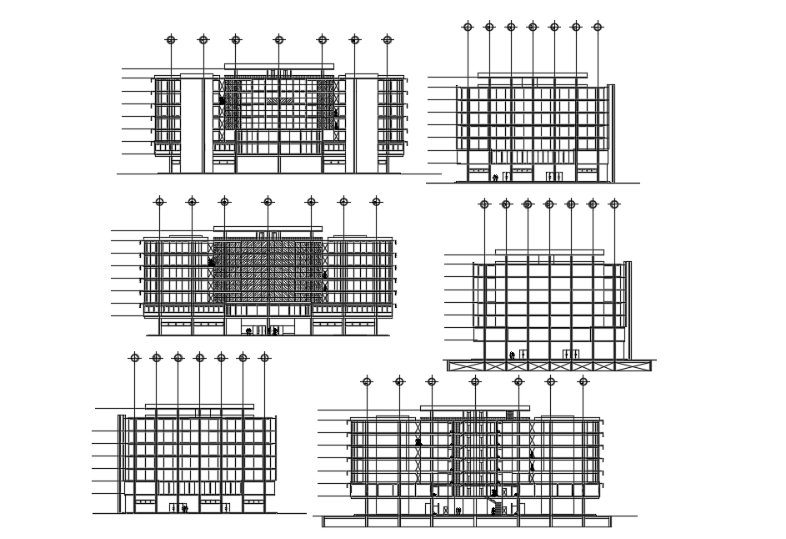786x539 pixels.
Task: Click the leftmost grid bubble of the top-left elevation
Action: click(x=171, y=39)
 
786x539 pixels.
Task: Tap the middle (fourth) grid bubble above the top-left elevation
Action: click(x=279, y=39)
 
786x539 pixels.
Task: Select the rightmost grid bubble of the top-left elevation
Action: click(x=388, y=39)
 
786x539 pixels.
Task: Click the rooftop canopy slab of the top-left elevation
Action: click(x=279, y=66)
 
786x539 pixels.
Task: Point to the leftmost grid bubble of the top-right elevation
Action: click(x=468, y=27)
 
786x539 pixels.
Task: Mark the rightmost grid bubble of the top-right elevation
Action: click(x=598, y=27)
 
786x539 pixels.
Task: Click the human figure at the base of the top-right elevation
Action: click(x=495, y=177)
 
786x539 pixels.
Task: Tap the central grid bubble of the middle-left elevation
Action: click(x=268, y=201)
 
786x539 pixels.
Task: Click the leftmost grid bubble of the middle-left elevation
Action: click(x=159, y=201)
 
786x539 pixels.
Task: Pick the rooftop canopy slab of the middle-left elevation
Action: click(x=268, y=229)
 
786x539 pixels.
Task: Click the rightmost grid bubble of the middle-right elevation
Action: click(x=614, y=204)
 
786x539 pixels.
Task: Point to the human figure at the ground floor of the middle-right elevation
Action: click(x=512, y=355)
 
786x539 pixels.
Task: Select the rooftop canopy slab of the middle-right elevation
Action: click(x=549, y=251)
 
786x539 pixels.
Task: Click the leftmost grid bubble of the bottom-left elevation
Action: click(x=134, y=357)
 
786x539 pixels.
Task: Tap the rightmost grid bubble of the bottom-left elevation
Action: click(x=264, y=357)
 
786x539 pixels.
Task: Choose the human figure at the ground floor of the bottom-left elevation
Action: click(x=184, y=507)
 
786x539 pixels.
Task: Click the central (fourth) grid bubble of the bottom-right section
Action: click(x=475, y=381)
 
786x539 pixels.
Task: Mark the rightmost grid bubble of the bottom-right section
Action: click(x=583, y=381)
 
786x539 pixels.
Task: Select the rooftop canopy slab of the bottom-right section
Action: click(x=475, y=408)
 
